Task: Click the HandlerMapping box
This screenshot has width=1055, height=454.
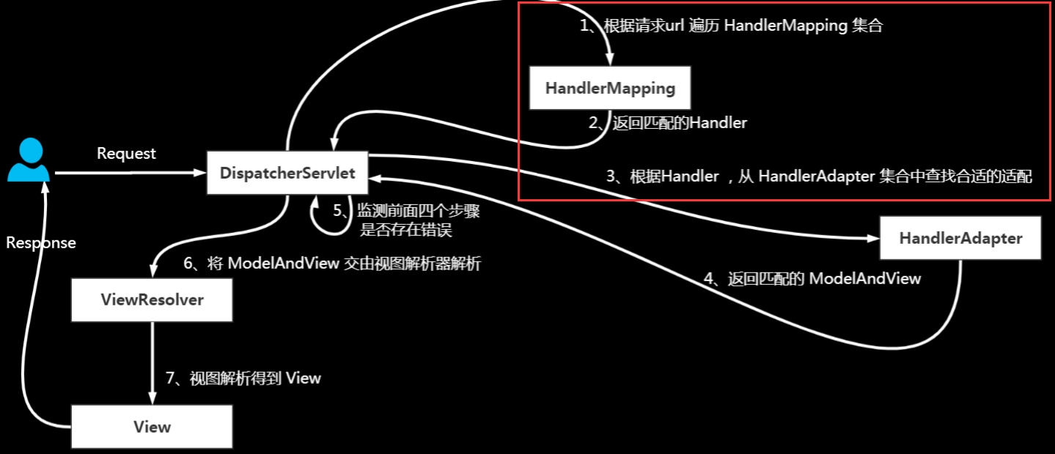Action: pyautogui.click(x=609, y=89)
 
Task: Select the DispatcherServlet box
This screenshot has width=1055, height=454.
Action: pyautogui.click(x=287, y=174)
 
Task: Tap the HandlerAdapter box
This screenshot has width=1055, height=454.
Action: pyautogui.click(x=960, y=238)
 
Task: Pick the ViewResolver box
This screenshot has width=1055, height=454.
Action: pyautogui.click(x=152, y=299)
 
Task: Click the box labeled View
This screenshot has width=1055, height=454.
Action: pyautogui.click(x=152, y=427)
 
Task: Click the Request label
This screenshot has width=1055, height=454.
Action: pyautogui.click(x=126, y=154)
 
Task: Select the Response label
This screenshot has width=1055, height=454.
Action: pyautogui.click(x=41, y=243)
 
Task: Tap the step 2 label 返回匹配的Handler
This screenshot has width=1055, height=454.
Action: pyautogui.click(x=667, y=123)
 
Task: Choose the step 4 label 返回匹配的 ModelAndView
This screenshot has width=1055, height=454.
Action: pyautogui.click(x=812, y=278)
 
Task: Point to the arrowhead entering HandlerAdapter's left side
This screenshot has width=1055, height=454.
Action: pyautogui.click(x=872, y=238)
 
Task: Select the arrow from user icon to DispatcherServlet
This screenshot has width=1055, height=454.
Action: pyautogui.click(x=128, y=174)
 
